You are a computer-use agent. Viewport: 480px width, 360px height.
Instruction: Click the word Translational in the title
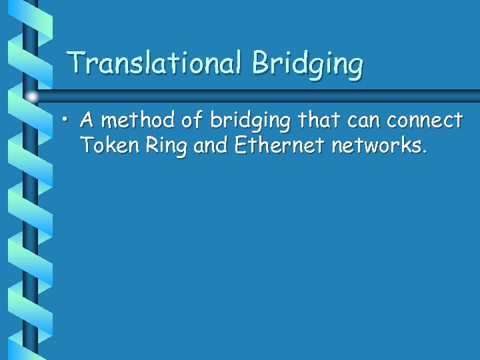pos(157,63)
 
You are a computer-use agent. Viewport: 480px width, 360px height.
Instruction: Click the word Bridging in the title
pos(308,65)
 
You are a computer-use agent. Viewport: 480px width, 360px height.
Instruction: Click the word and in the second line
pos(209,145)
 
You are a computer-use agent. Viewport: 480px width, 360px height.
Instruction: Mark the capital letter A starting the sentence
pos(87,120)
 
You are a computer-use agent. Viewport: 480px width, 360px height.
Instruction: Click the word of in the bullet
pos(193,120)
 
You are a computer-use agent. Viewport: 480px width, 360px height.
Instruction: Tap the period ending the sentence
pos(424,151)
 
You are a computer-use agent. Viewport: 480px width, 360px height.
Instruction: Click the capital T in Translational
pos(77,63)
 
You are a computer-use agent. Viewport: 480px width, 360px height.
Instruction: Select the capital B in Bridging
pos(260,63)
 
